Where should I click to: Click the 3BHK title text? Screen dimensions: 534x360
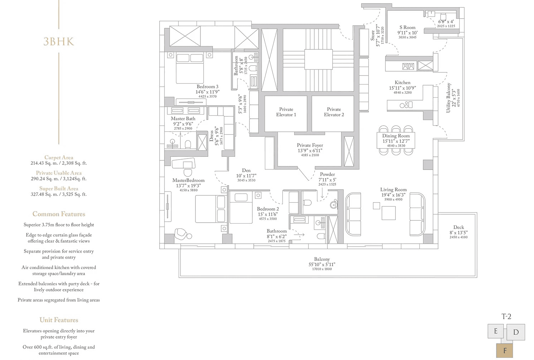[x=59, y=42]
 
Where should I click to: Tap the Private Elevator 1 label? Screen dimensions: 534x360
[x=286, y=112]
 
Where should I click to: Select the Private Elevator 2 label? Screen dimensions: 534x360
[x=334, y=112]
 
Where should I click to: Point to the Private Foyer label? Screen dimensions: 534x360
[x=310, y=145]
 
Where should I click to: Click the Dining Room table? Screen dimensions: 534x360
[x=396, y=140]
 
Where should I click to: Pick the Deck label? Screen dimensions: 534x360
[x=459, y=227]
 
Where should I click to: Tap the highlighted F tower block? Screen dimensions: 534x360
[x=505, y=351]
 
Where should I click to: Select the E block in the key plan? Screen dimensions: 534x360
[x=496, y=331]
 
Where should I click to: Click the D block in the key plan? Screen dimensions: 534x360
[x=516, y=332]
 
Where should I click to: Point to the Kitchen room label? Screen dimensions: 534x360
[x=403, y=83]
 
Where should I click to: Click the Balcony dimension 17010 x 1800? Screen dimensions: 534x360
[x=322, y=269]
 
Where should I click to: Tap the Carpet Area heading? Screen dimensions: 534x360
[x=59, y=157]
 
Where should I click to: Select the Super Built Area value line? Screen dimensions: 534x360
[x=59, y=194]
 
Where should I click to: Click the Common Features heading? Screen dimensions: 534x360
[x=59, y=214]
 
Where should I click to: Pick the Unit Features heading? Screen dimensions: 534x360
[x=59, y=320]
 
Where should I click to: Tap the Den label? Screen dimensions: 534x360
[x=246, y=170]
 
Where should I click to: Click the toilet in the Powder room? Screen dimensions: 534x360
[x=307, y=203]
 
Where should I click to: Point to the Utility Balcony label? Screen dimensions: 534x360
[x=448, y=98]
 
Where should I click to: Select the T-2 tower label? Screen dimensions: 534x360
[x=506, y=317]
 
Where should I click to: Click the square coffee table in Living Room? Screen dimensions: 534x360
[x=389, y=213]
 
